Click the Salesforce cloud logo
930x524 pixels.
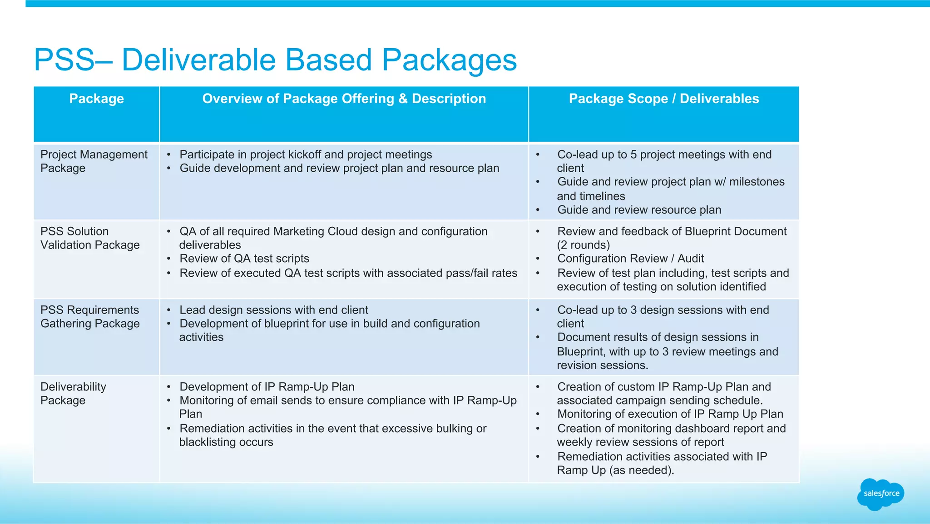[x=881, y=494]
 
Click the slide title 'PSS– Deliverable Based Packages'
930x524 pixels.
[x=275, y=60]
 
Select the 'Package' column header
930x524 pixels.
[x=96, y=99]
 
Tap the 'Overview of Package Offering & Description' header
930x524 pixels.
[x=344, y=99]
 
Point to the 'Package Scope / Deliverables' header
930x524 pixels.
[x=663, y=99]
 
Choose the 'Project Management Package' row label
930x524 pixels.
[x=94, y=161]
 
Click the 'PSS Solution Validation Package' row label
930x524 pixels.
[x=90, y=238]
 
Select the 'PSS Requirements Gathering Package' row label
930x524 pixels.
[x=90, y=317]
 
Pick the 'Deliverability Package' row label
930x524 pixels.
[x=73, y=394]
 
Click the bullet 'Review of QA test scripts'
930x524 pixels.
[x=244, y=259]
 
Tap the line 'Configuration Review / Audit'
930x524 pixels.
[x=630, y=259]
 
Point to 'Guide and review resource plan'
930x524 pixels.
[x=639, y=210]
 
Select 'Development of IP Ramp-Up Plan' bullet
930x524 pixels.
[x=267, y=387]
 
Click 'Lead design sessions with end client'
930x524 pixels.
[x=274, y=310]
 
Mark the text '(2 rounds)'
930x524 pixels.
[x=583, y=245]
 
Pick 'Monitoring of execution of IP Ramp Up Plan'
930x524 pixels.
[x=670, y=414]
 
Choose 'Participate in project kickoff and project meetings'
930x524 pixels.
[x=306, y=155]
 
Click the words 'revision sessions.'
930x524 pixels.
[x=602, y=365]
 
